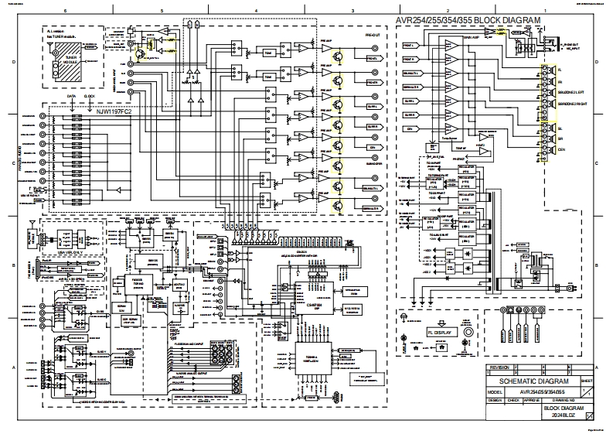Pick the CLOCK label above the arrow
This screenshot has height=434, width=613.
tap(89, 97)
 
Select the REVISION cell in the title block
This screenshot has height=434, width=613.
tap(499, 367)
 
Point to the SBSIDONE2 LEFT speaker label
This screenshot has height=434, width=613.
tap(574, 91)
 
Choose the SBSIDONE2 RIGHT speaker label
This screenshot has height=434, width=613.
tap(574, 102)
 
